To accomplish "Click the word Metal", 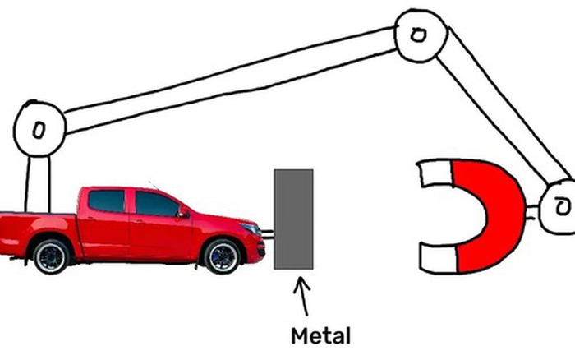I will [321, 336].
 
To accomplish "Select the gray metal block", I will [293, 219].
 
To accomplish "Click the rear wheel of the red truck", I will [53, 256].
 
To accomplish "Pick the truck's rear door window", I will [107, 201].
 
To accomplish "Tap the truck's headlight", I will [248, 225].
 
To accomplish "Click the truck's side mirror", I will [184, 213].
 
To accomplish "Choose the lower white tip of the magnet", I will [438, 258].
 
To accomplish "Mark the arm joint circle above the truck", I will [38, 130].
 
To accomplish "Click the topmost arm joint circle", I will [417, 35].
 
